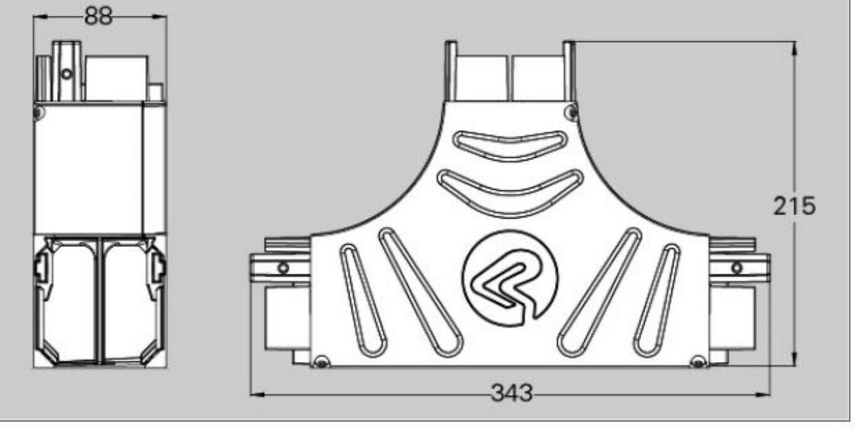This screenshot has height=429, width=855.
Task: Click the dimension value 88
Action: tap(99, 16)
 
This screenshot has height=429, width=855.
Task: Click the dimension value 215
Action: tap(794, 206)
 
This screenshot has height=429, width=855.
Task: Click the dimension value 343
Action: tap(511, 393)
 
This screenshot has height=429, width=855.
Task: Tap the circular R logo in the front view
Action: tap(510, 278)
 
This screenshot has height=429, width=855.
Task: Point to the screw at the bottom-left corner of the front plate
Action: tap(321, 362)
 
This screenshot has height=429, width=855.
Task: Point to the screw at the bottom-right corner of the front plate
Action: tap(698, 362)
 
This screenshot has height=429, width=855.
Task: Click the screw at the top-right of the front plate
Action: tap(572, 110)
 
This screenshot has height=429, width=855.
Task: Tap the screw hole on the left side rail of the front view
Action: tap(283, 268)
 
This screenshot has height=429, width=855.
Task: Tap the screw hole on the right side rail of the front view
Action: tap(737, 268)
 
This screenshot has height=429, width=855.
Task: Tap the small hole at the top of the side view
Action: tap(65, 73)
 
